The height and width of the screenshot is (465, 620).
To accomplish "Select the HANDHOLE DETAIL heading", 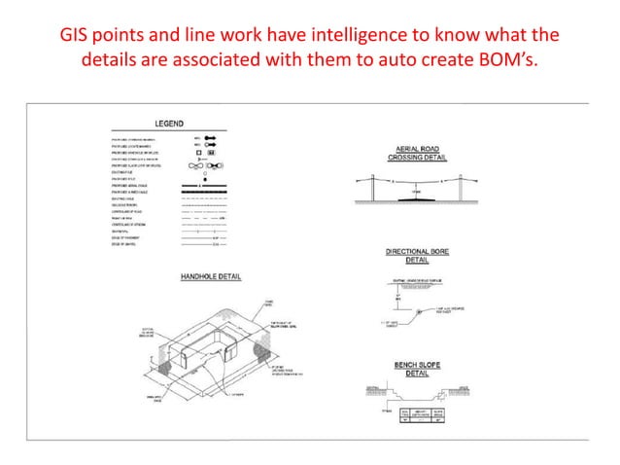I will [x=211, y=276].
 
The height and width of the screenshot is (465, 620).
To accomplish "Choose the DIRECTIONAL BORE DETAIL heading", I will [x=416, y=255].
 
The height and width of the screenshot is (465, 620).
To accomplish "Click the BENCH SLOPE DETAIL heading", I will [x=416, y=368].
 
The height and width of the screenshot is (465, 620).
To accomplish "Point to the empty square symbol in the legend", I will [x=198, y=153].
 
